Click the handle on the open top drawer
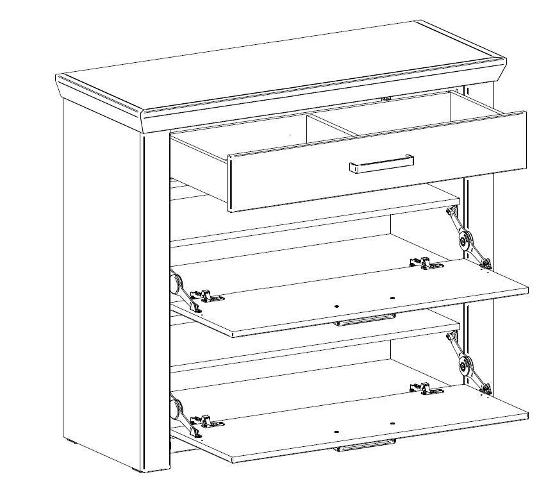click(x=381, y=164)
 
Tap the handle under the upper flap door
click(x=365, y=319)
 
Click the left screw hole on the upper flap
click(x=336, y=306)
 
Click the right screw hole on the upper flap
click(x=392, y=298)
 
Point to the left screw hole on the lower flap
click(x=336, y=432)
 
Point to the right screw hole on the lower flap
click(x=392, y=424)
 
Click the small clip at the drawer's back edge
click(x=386, y=99)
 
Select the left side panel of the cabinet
click(x=103, y=276)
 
